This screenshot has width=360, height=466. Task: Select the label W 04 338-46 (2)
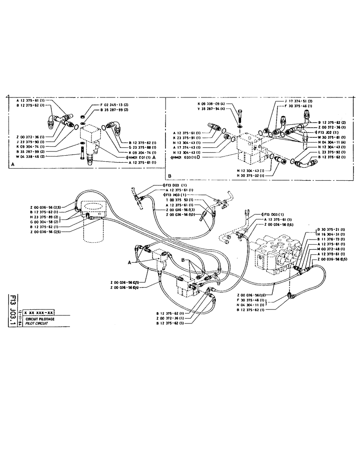pyautogui.click(x=31, y=156)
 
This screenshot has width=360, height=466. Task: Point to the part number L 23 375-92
pyautogui.click(x=332, y=152)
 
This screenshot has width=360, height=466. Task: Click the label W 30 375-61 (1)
pyautogui.click(x=332, y=137)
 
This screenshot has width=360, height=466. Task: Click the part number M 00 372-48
pyautogui.click(x=327, y=249)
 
